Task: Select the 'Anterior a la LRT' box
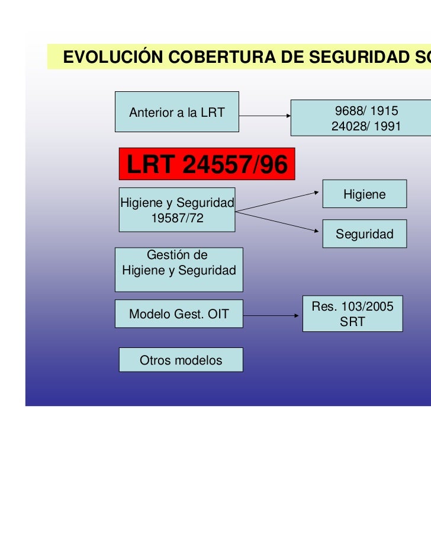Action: point(176,111)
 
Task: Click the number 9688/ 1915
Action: point(366,111)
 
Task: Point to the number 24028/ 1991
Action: point(366,126)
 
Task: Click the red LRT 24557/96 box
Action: point(207,164)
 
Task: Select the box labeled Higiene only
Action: point(364,194)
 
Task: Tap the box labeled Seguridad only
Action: point(364,234)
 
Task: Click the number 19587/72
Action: point(177,218)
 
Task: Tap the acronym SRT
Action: point(352,322)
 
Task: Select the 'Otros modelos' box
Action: point(181,360)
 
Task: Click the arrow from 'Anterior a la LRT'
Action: point(265,116)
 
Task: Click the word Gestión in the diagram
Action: point(177,255)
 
